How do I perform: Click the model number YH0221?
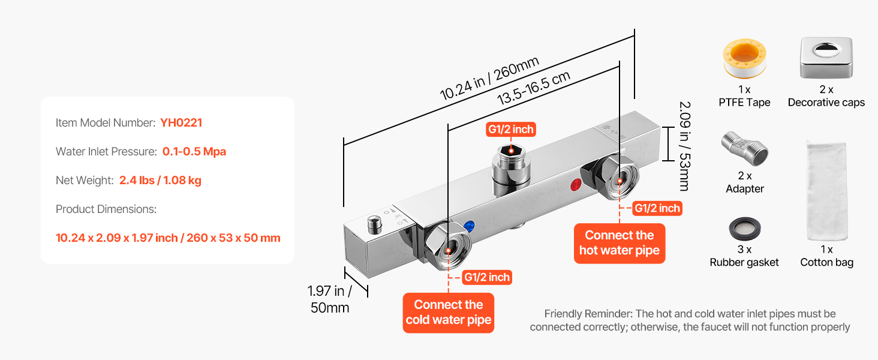pos(181,123)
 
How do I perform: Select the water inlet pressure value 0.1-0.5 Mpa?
pos(194,152)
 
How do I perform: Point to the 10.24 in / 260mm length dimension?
pos(489,78)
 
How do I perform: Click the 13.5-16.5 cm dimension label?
pos(533,88)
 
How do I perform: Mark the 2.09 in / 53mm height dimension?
pos(684,145)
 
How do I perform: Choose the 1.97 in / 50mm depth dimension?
pos(329,299)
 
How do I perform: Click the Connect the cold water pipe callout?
pos(449,312)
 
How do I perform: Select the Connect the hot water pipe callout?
pos(619,243)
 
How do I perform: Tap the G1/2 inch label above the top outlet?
pos(510,129)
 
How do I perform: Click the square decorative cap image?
pos(826,58)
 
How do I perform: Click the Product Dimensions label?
pos(106,209)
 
